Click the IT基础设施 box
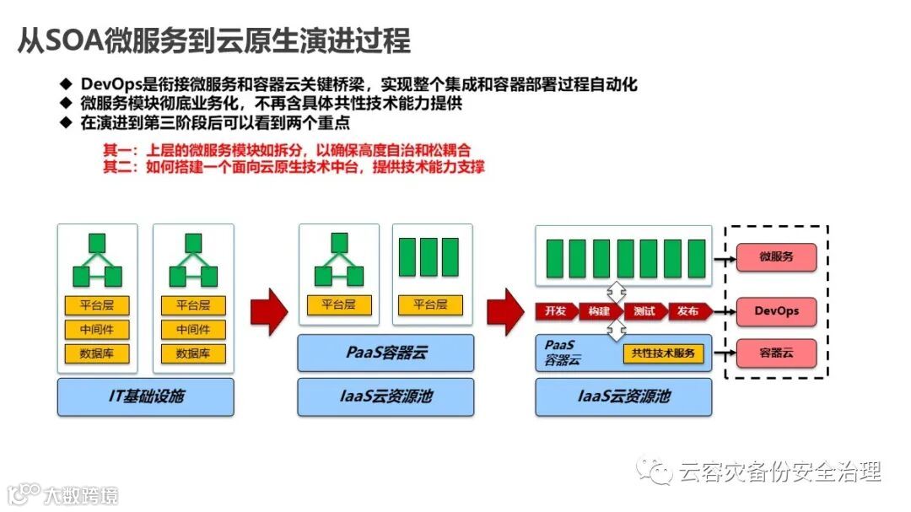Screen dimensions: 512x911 pos(145,396)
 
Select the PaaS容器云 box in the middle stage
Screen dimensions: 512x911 pos(385,353)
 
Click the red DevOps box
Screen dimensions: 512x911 pos(776,311)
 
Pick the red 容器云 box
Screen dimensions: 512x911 pos(776,353)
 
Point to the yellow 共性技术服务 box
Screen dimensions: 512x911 pos(664,353)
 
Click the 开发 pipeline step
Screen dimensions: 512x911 pos(555,311)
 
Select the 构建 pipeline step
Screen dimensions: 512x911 pos(599,311)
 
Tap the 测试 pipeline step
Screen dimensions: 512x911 pos(644,311)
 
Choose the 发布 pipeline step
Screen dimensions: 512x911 pos(688,311)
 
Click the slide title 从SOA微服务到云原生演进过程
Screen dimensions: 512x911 pos(213,40)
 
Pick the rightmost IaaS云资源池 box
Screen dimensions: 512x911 pos(624,396)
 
